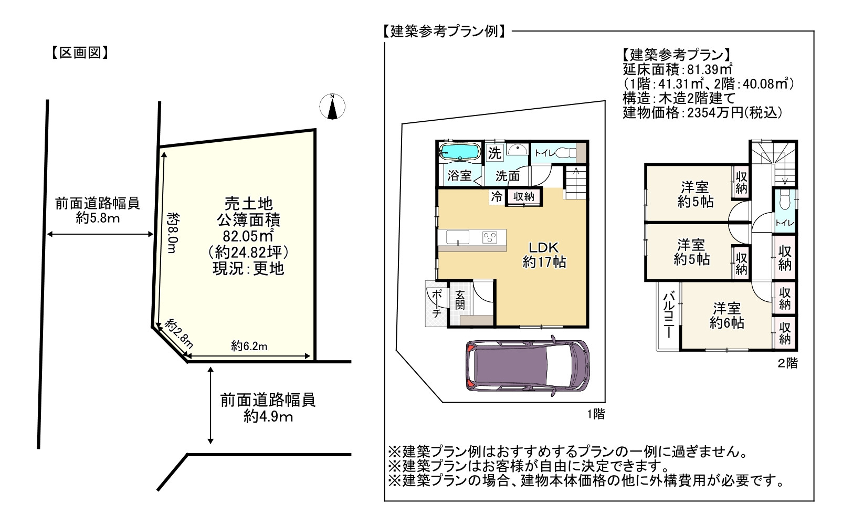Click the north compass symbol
(x=332, y=107)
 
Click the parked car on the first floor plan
(x=528, y=366)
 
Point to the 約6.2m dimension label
(x=249, y=346)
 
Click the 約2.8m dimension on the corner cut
(x=179, y=334)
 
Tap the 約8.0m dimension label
(x=173, y=233)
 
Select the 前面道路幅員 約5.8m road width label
(x=98, y=211)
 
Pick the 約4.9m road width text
(x=268, y=416)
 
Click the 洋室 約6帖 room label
(x=727, y=316)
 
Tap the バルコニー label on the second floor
(x=669, y=316)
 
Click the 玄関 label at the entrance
(x=460, y=300)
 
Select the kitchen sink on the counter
(x=457, y=237)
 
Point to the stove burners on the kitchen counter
(x=490, y=237)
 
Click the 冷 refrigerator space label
(x=497, y=196)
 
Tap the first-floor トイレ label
(x=545, y=153)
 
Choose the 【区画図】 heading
(x=80, y=52)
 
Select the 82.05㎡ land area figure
(x=248, y=236)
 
